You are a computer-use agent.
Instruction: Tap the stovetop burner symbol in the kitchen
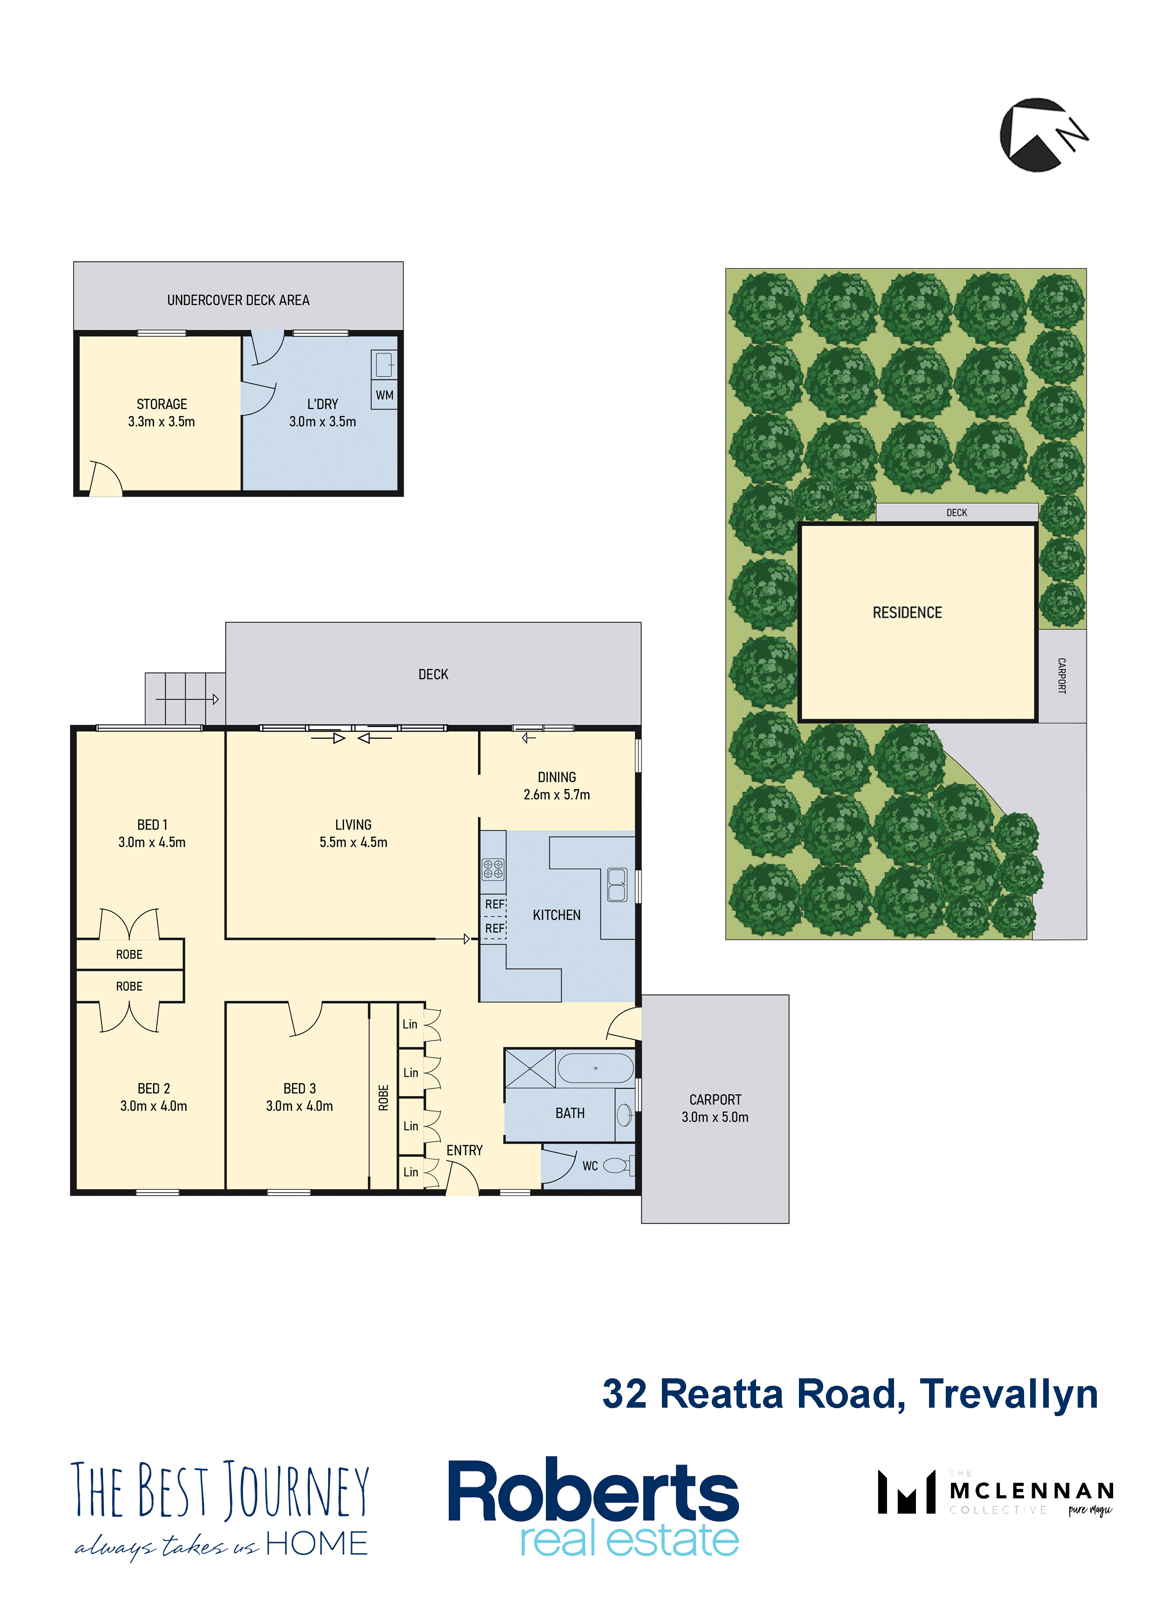click(x=493, y=869)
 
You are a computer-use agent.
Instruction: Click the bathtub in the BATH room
click(x=596, y=1068)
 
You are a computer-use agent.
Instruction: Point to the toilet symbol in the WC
click(x=618, y=1166)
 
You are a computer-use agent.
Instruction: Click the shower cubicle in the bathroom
click(x=530, y=1068)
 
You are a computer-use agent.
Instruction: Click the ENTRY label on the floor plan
click(x=465, y=1151)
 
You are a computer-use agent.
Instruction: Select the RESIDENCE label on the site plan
click(x=907, y=613)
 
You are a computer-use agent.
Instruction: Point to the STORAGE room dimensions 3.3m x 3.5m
click(x=161, y=422)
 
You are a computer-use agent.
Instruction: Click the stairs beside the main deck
click(x=185, y=698)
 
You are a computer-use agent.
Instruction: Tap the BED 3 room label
click(x=299, y=1089)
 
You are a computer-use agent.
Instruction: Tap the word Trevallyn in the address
click(x=1008, y=1394)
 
